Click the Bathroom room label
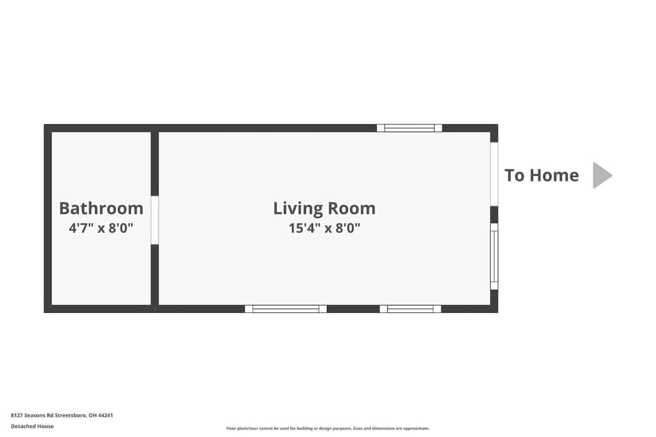click(x=102, y=208)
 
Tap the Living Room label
click(x=324, y=209)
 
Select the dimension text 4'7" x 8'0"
click(x=101, y=228)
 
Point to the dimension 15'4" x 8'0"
click(x=324, y=228)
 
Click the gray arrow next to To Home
click(x=602, y=175)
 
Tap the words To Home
click(x=541, y=176)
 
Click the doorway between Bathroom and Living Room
click(x=155, y=220)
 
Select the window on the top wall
click(x=410, y=128)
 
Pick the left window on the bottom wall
click(x=286, y=309)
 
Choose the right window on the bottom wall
click(x=410, y=309)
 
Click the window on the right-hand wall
click(x=494, y=256)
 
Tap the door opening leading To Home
click(x=494, y=174)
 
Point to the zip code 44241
click(x=105, y=415)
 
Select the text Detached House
click(x=32, y=426)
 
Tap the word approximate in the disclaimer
click(x=416, y=429)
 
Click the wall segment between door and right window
click(x=494, y=215)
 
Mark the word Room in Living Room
click(x=351, y=208)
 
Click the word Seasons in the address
click(x=35, y=415)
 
